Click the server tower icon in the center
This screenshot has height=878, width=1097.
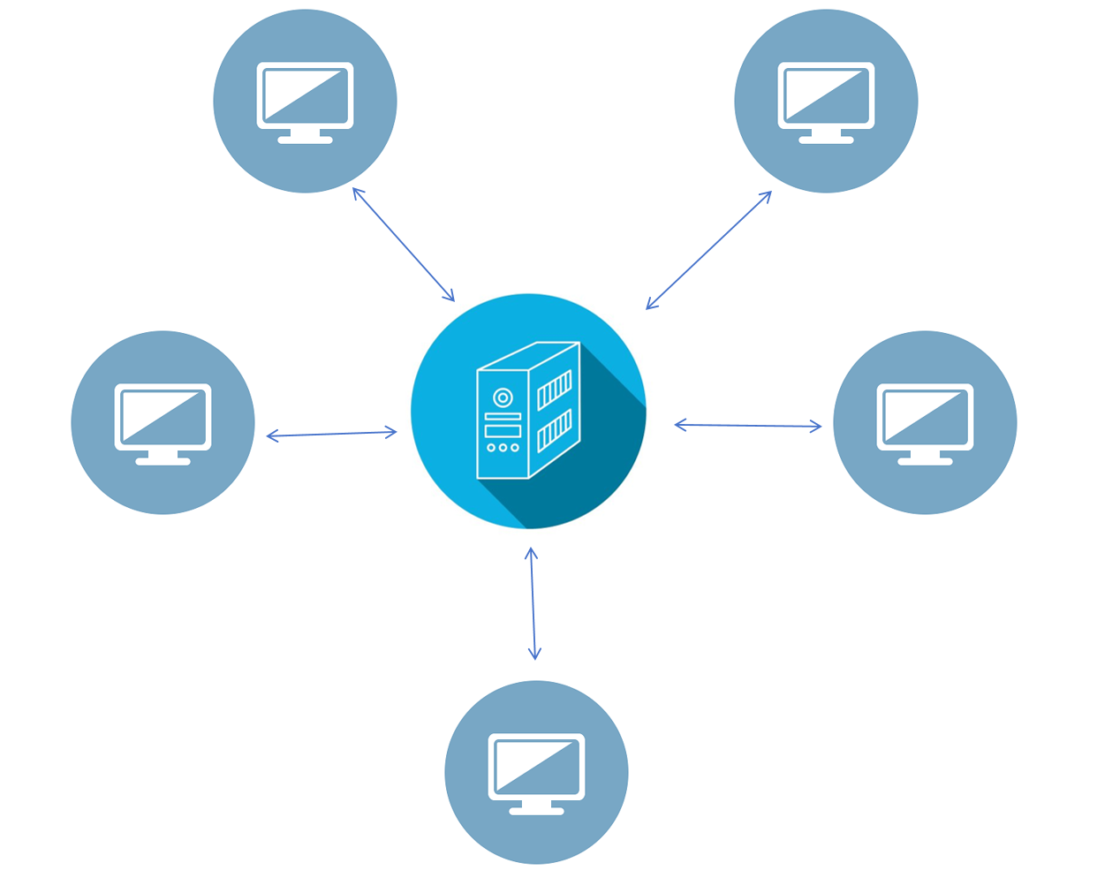click(528, 411)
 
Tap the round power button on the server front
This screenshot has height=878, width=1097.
click(503, 397)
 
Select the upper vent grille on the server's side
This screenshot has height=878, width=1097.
click(555, 390)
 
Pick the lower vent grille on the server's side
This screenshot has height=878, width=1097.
click(555, 430)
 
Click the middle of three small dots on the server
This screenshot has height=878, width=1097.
click(503, 448)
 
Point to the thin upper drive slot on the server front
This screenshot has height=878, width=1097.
click(503, 416)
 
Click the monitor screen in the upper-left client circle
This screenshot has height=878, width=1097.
click(305, 95)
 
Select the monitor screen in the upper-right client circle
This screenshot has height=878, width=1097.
click(826, 95)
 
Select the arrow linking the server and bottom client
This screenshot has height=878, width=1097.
click(533, 603)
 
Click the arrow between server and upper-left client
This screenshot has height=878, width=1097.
click(404, 245)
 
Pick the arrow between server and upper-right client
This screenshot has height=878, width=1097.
click(708, 250)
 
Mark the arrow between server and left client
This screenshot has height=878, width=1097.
click(331, 434)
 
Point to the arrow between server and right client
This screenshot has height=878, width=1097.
click(747, 426)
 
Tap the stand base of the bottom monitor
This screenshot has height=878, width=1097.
click(536, 811)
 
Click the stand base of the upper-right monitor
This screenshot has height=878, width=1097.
click(826, 140)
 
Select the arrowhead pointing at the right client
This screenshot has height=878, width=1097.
click(816, 427)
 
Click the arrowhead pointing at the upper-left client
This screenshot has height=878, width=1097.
click(357, 192)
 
